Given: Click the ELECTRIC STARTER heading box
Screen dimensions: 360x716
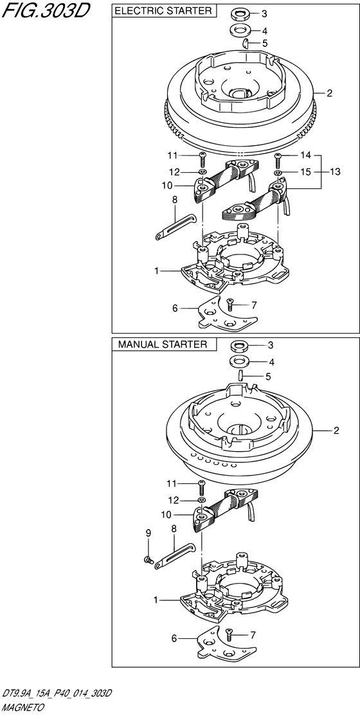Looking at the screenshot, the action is tap(164, 11).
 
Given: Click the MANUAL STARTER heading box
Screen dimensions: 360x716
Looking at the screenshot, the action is tap(163, 345).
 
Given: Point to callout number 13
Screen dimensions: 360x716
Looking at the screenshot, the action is tap(335, 172).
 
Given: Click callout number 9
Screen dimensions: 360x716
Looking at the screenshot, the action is tap(148, 532).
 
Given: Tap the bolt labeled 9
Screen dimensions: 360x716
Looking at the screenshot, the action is tap(148, 559).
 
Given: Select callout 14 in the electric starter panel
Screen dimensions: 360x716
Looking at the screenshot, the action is tap(305, 156).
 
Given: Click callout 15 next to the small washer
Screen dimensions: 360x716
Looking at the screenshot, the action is tap(305, 172).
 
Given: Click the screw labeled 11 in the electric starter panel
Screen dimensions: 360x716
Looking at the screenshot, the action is tap(203, 160).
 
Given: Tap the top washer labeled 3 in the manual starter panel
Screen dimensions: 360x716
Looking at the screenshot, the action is tap(239, 345).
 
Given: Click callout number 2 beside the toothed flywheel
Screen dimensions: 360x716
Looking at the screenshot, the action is tap(329, 93).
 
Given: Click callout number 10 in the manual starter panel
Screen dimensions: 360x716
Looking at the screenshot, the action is tap(166, 515).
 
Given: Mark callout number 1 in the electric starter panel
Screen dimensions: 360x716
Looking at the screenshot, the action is tap(156, 271).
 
